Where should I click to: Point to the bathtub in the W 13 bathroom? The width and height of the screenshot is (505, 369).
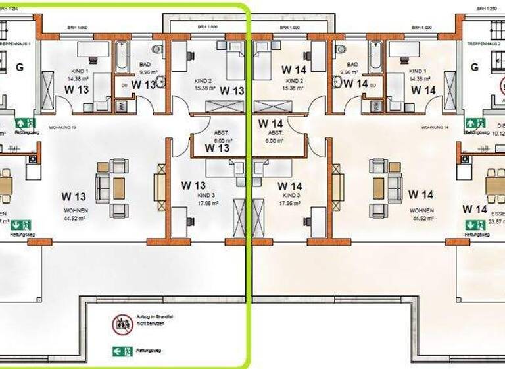pyautogui.click(x=124, y=57)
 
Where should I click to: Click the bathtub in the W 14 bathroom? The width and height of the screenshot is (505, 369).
pyautogui.click(x=375, y=57)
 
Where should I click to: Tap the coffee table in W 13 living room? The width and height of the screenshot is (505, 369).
pyautogui.click(x=119, y=188)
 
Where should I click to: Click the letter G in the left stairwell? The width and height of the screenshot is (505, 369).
pyautogui.click(x=20, y=67)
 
